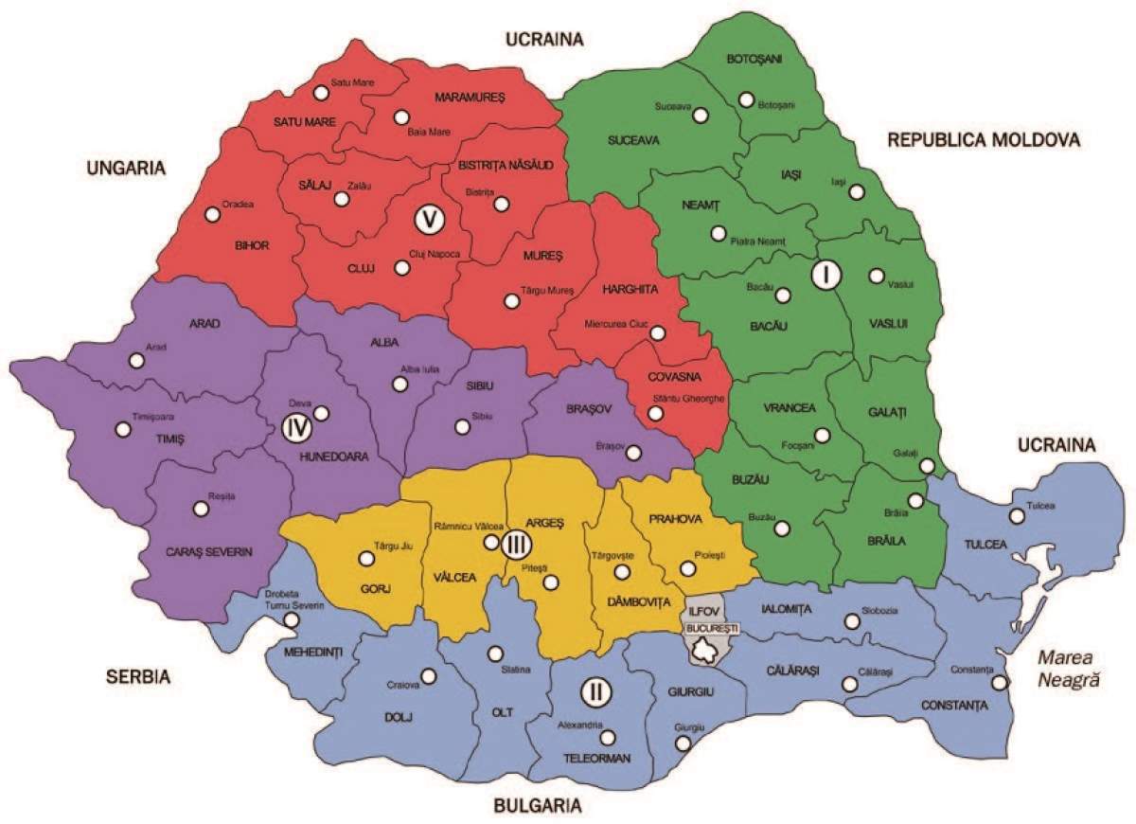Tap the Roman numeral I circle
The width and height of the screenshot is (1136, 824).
(x=825, y=275)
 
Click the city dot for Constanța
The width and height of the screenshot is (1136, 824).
(x=999, y=683)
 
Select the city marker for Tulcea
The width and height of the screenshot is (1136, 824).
(x=1017, y=516)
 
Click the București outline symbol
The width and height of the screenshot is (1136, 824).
(x=705, y=650)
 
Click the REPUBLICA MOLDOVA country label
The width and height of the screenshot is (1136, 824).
(x=984, y=140)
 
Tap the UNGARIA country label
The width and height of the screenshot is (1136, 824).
(x=125, y=168)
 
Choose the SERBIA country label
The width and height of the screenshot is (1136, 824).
(x=137, y=677)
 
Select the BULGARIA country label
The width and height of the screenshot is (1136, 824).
(x=537, y=807)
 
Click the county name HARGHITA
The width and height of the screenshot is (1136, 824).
(x=630, y=286)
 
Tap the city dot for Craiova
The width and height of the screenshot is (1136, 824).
(x=429, y=676)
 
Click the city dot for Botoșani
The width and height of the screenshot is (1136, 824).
(x=747, y=99)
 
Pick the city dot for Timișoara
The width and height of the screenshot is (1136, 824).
(x=122, y=429)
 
